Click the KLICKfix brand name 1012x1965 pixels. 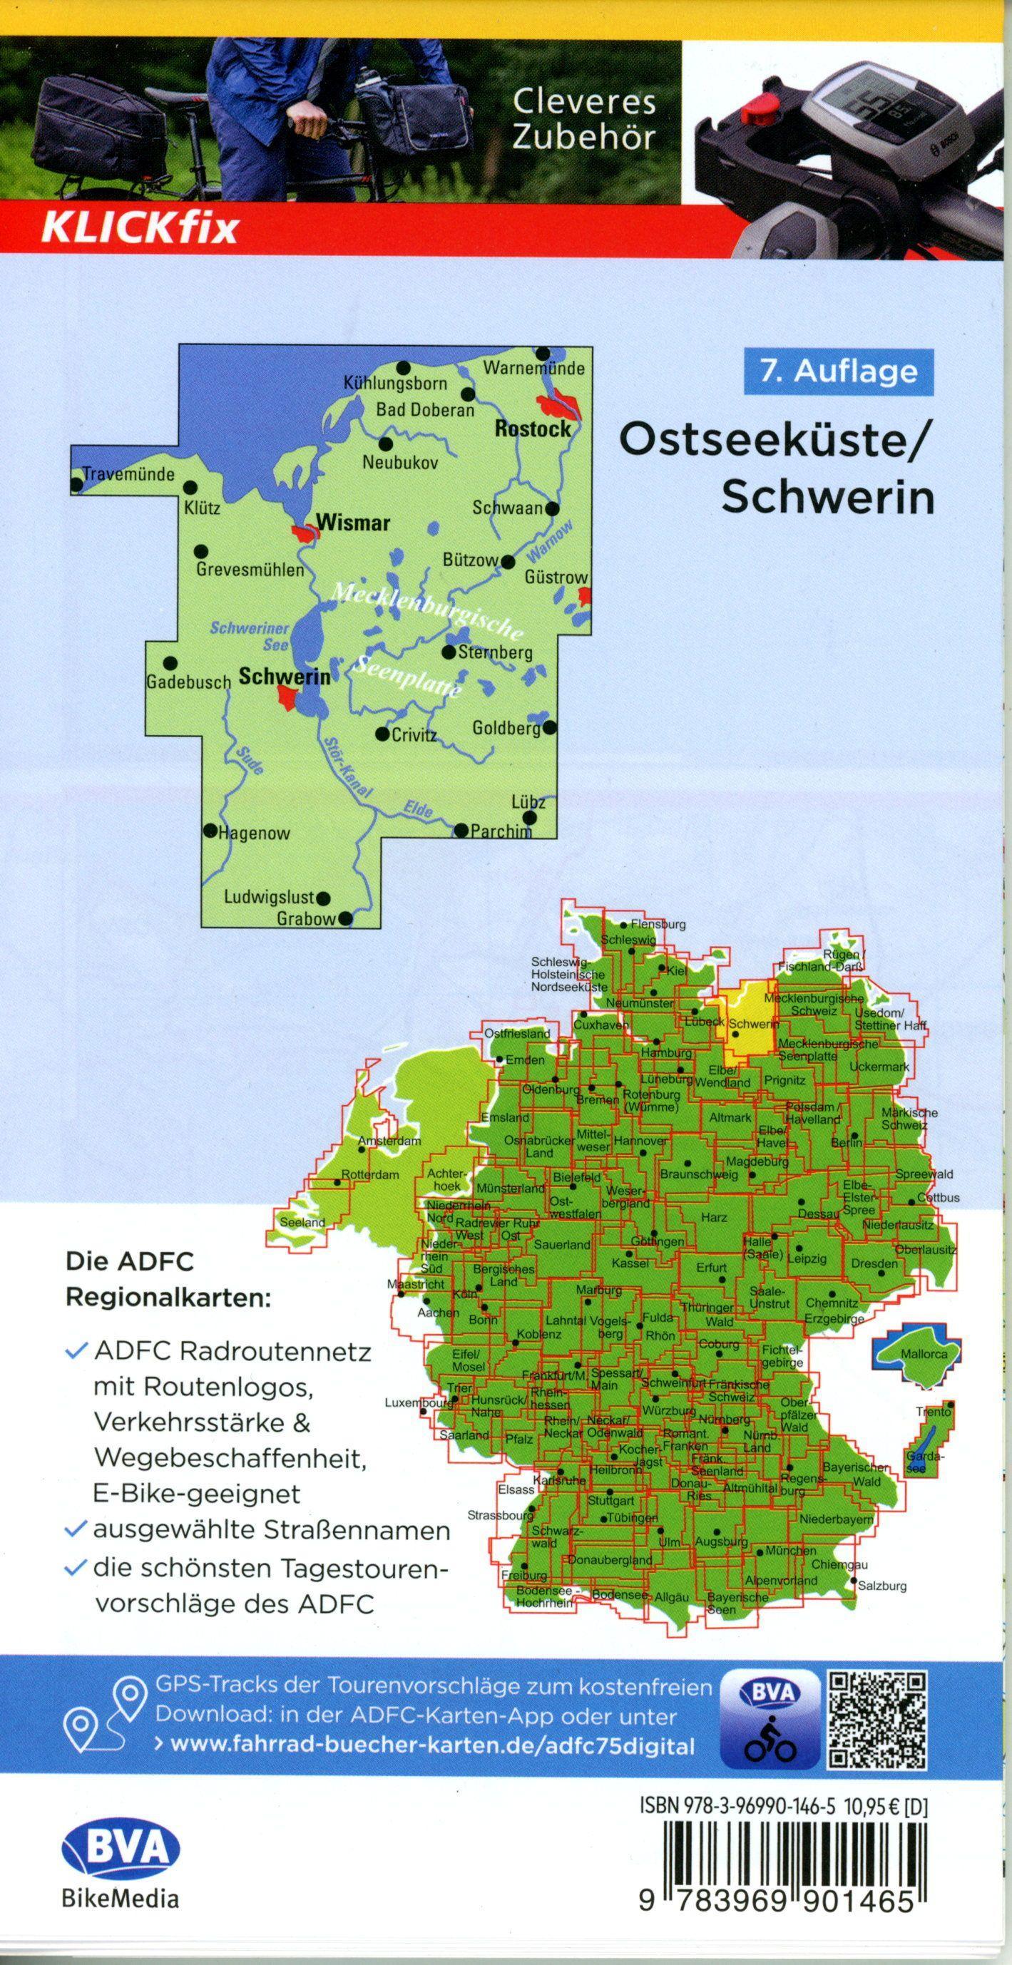139,227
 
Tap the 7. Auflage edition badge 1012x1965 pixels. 837,371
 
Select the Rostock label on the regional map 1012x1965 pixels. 532,429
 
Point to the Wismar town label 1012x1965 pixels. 352,523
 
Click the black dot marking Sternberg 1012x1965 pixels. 449,652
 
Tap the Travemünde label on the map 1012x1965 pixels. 128,473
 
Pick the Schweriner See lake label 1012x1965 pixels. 250,635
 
